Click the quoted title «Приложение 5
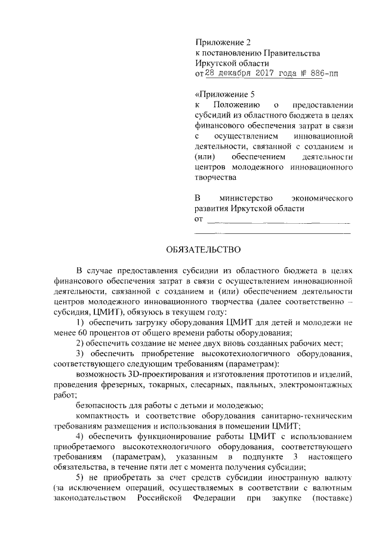pos(225,94)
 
